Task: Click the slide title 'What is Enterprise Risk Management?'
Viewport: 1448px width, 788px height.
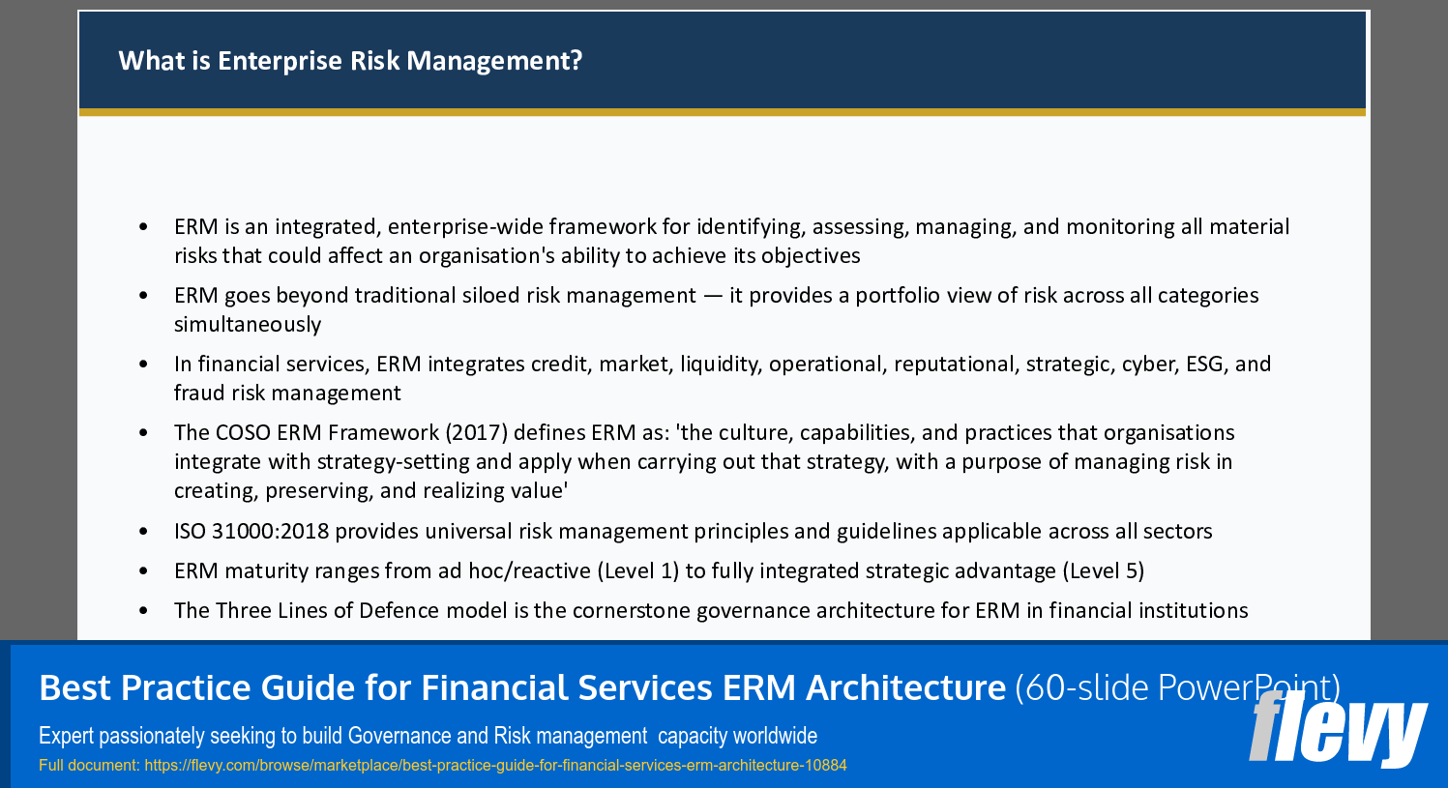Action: point(350,61)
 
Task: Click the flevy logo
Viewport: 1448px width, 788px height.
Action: point(1337,727)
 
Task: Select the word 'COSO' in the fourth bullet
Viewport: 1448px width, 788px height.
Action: point(243,432)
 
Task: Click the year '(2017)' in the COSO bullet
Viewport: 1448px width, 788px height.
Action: point(476,432)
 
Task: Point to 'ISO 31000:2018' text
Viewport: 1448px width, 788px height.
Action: point(251,531)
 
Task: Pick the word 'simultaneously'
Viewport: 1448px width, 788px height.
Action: point(248,324)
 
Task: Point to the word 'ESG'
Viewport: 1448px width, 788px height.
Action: point(1204,364)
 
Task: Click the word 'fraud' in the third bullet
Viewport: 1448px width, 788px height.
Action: point(199,393)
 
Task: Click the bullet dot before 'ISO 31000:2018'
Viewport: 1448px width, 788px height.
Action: point(144,532)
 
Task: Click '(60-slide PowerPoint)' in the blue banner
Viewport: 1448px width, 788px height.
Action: point(1177,687)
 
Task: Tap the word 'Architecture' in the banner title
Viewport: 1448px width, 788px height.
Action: point(905,687)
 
